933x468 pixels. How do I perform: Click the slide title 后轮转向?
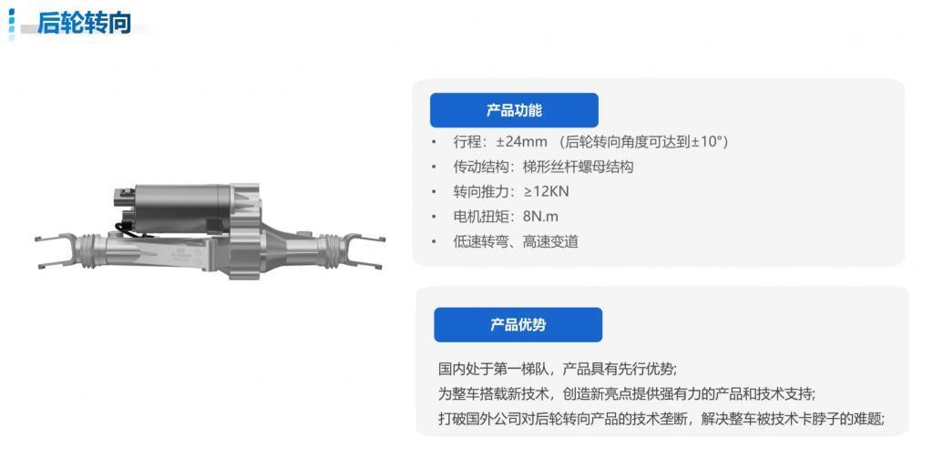point(84,23)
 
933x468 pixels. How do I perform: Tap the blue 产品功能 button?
point(514,110)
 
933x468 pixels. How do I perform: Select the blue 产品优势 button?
point(518,324)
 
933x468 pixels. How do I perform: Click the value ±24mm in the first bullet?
point(521,141)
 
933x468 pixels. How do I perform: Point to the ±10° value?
point(707,141)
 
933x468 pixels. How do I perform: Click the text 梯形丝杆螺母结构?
point(578,167)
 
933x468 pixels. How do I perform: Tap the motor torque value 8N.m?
point(540,217)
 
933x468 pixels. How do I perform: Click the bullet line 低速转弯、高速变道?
point(516,241)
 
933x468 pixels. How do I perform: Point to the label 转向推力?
point(482,191)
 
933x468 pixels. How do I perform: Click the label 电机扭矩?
point(482,217)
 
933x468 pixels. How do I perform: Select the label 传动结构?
point(482,167)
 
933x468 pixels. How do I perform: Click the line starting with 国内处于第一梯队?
point(557,369)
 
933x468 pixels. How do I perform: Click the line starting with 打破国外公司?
point(661,419)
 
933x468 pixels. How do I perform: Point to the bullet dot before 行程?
point(434,142)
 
